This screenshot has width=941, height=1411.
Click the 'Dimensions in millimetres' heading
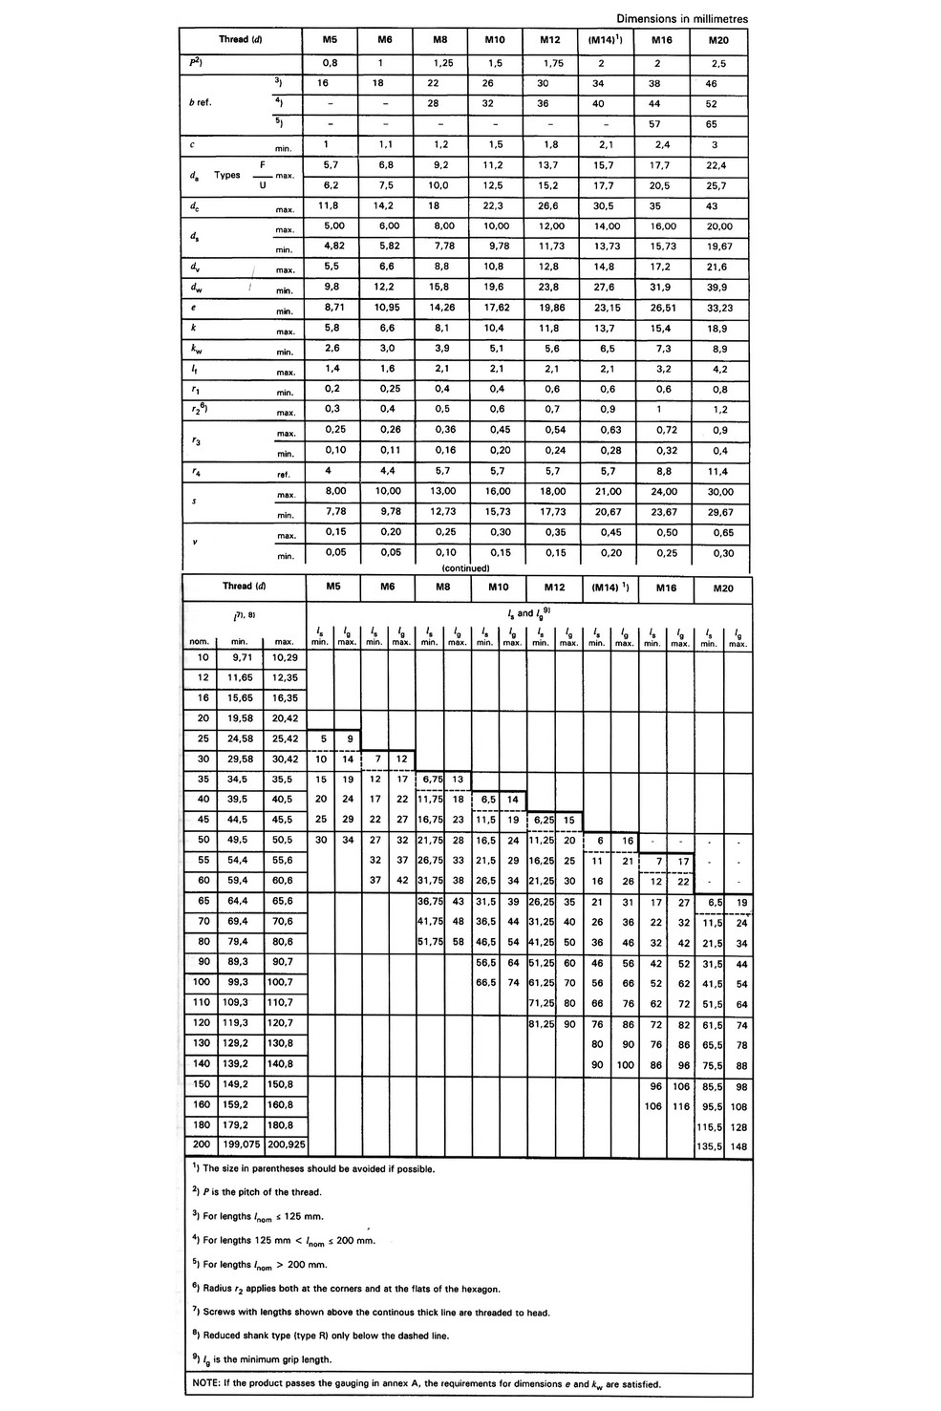[x=681, y=18]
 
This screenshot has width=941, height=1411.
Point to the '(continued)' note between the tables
[x=465, y=567]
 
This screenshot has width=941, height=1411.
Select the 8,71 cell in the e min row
[x=330, y=309]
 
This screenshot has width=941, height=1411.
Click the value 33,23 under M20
[x=719, y=309]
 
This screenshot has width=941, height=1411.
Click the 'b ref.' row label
[x=200, y=102]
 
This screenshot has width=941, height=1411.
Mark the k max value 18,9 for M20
[x=719, y=329]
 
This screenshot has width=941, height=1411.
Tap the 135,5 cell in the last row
[x=709, y=1144]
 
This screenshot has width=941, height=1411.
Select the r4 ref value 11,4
[x=719, y=472]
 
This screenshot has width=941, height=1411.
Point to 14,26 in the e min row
[x=440, y=309]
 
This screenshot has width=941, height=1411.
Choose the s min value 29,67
[x=719, y=513]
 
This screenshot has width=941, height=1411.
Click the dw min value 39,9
[x=719, y=288]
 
